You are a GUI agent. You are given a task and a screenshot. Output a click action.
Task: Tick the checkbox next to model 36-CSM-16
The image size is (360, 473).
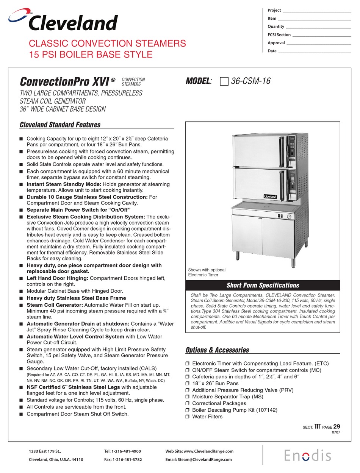pos(224,81)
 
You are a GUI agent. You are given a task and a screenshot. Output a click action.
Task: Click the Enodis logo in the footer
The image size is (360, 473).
pos(308,455)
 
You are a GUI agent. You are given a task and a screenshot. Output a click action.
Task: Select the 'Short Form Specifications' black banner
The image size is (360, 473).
pos(263,285)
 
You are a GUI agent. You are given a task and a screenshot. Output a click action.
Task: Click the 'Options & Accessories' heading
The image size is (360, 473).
pos(217,350)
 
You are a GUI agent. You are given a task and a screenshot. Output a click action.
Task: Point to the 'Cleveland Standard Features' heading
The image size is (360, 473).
pos(60,125)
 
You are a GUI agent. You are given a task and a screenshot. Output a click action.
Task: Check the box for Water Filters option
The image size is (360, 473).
pos(187,417)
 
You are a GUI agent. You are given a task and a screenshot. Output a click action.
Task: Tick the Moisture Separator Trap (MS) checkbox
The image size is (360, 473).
pos(187,397)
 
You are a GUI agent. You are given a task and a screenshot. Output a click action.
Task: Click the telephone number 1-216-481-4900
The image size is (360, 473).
pos(122,451)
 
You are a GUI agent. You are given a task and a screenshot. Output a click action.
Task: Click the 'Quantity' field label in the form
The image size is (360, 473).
pos(276,27)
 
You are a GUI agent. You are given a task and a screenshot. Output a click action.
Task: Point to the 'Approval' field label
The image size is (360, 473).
pos(276,43)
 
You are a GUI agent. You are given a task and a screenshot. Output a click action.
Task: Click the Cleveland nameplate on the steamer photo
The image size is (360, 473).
pos(270,196)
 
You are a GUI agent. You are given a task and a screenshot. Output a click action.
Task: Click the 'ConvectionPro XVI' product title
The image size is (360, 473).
pos(65,81)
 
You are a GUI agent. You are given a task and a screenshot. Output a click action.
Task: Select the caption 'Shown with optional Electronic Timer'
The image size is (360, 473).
pos(207,272)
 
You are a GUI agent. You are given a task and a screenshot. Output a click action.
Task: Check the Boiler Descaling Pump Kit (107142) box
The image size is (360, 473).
pos(187,410)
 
